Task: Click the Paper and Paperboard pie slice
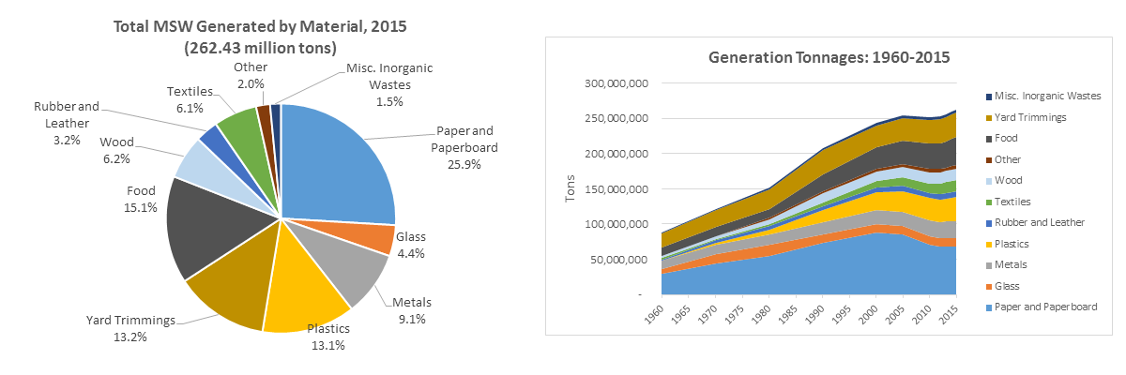coord(338,169)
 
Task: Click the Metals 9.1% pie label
coord(411,309)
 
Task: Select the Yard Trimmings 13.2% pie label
coord(130,328)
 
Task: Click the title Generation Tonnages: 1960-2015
coord(829,57)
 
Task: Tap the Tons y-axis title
coord(571,187)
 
